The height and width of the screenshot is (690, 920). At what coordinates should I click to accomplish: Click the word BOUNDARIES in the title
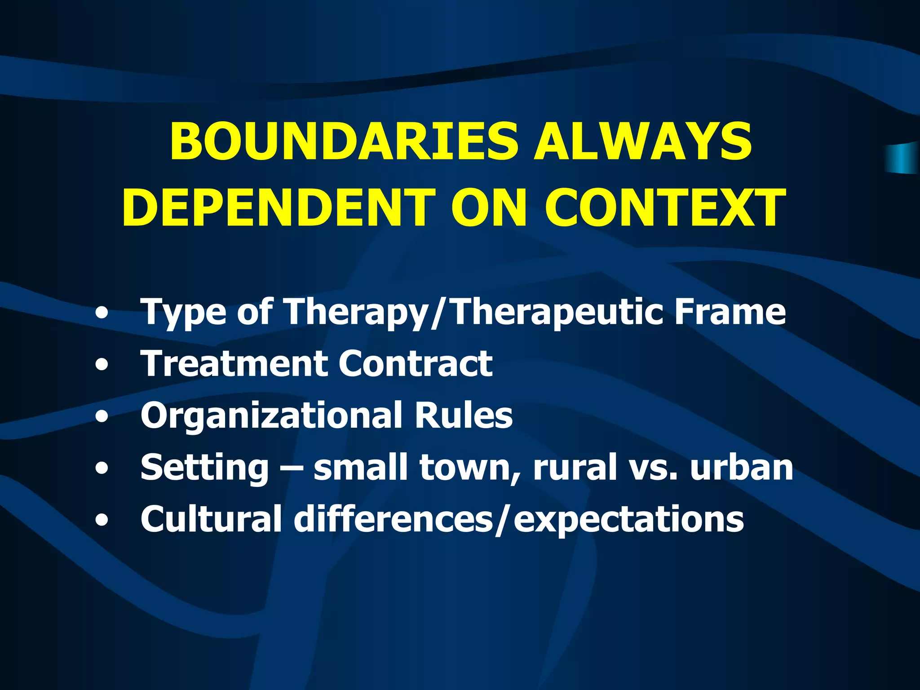click(344, 142)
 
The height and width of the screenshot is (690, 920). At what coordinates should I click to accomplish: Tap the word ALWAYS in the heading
click(642, 142)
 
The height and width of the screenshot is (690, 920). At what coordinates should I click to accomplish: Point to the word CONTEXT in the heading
click(665, 208)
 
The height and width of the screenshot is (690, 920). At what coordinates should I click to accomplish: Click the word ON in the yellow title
click(489, 208)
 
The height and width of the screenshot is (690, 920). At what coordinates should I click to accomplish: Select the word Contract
click(416, 363)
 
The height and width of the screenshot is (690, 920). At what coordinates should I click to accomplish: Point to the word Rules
click(464, 415)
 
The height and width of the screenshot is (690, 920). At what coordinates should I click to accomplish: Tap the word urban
click(742, 467)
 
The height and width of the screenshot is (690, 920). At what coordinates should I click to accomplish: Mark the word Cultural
click(211, 519)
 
